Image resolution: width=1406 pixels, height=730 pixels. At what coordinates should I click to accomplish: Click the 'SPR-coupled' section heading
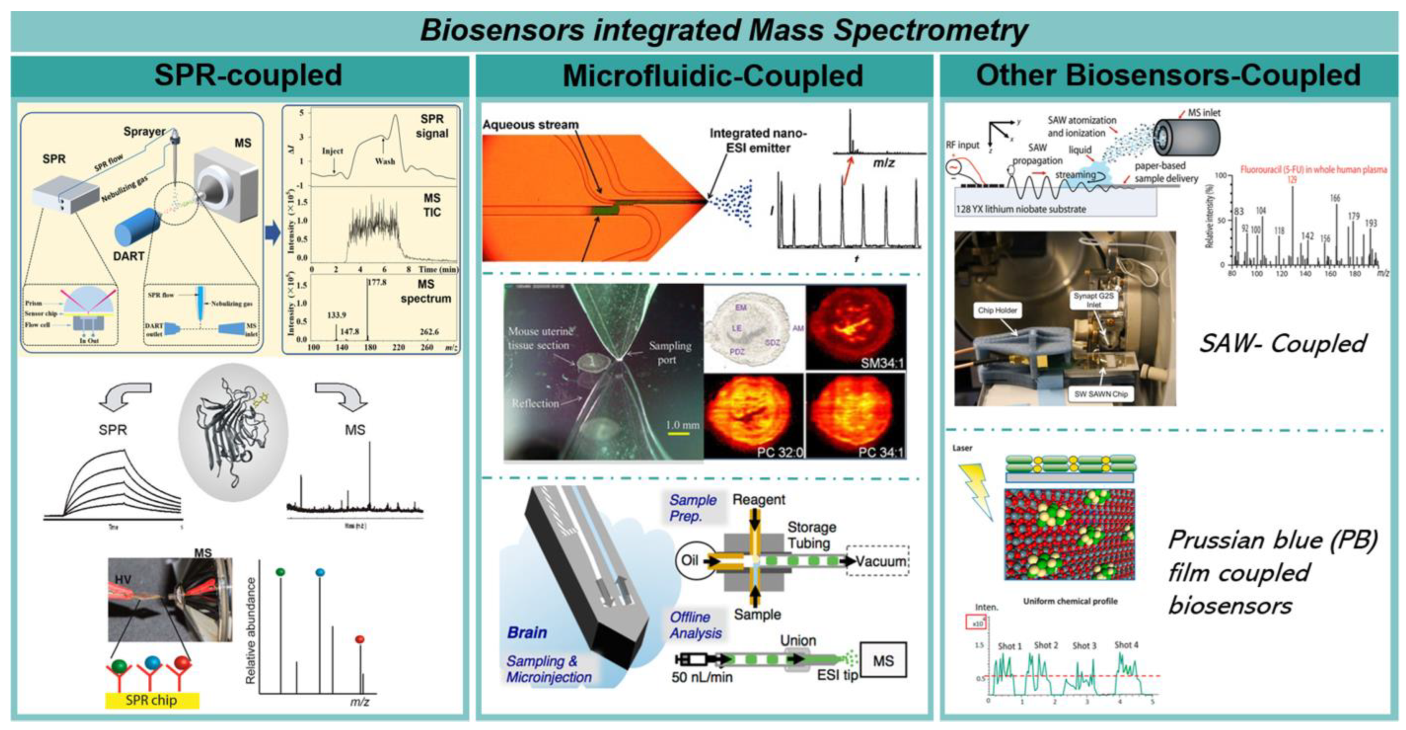coord(248,75)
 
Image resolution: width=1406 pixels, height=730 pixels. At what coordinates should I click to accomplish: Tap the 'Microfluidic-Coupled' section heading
coord(712,76)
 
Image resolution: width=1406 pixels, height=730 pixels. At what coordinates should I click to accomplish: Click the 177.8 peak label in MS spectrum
coord(377,282)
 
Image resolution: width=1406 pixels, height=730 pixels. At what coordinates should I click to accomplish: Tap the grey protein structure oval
coord(234,432)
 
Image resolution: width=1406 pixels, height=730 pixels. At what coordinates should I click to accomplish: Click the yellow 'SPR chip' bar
coord(152,700)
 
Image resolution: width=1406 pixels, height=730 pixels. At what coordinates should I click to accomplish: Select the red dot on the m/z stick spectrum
coord(359,639)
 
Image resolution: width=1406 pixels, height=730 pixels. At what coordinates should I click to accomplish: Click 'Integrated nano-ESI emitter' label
coord(758,140)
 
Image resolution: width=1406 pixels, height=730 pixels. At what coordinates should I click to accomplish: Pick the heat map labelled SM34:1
coord(856,327)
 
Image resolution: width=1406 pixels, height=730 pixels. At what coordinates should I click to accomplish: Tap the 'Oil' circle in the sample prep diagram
coord(689,560)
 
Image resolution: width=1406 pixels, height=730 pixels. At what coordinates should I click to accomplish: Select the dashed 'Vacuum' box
coord(877,561)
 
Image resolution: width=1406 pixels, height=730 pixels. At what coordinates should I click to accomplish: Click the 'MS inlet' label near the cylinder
coord(1203,113)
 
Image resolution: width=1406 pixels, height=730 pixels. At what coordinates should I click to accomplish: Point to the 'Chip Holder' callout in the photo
coord(997,310)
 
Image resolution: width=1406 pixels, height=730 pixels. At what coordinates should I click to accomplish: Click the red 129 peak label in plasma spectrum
coord(1291,179)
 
